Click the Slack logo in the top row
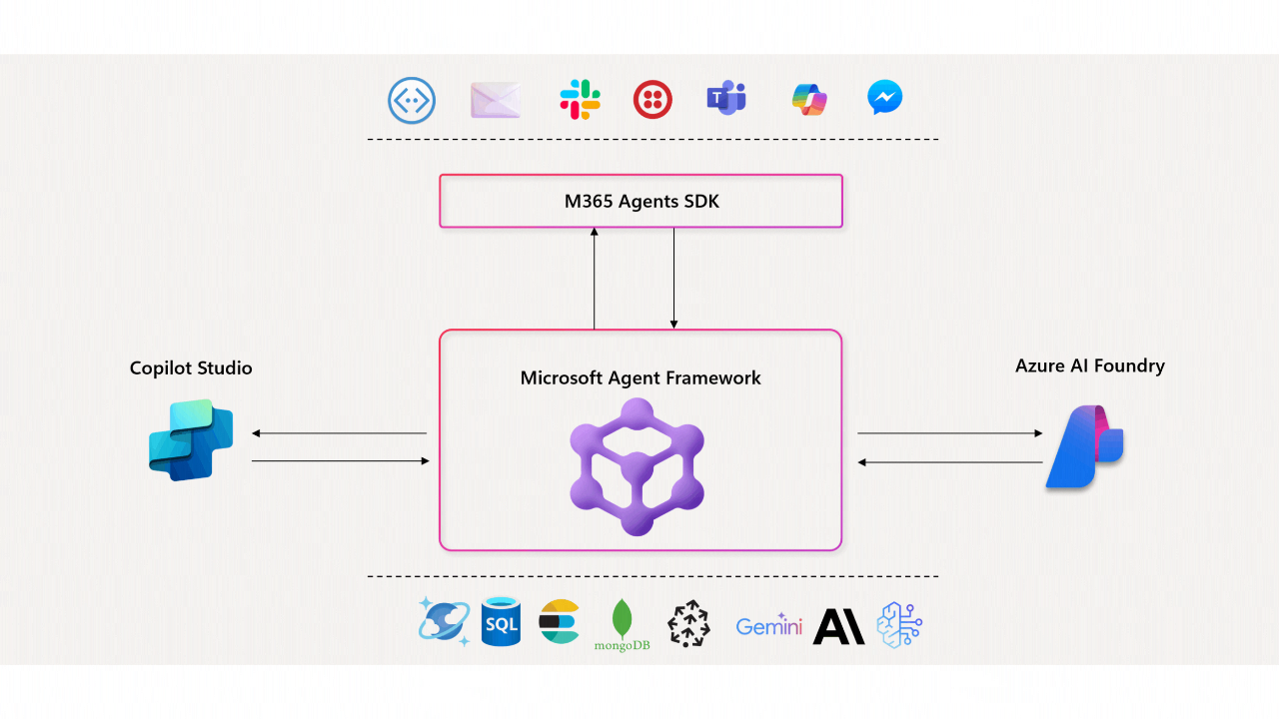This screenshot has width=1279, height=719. (580, 100)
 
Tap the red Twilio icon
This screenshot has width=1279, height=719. (652, 100)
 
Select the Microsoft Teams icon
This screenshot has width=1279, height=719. (726, 99)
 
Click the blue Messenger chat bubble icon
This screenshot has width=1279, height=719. (885, 98)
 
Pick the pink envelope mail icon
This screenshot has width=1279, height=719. (496, 100)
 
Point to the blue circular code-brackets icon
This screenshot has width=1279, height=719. (412, 101)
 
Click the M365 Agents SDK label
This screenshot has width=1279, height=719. (640, 202)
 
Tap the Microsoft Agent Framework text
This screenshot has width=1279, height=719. (640, 378)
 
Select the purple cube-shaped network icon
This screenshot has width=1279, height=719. (638, 466)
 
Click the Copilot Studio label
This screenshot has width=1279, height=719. (191, 368)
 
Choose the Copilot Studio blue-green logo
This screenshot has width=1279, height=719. (191, 439)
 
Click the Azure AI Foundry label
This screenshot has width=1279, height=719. (1089, 366)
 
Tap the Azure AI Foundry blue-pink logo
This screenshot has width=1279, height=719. (1085, 446)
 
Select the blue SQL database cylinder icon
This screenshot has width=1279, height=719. (501, 622)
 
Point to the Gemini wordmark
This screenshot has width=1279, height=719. (768, 626)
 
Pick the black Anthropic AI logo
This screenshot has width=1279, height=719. (839, 626)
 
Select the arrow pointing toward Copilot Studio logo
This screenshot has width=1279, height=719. (339, 433)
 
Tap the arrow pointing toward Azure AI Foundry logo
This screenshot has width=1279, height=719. (950, 433)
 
